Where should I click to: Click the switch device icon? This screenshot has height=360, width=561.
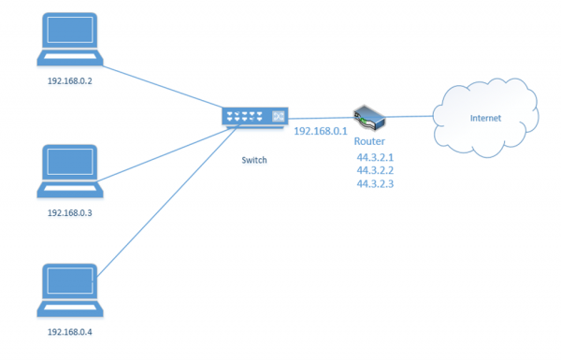tap(254, 117)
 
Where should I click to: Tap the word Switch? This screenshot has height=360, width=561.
tap(253, 160)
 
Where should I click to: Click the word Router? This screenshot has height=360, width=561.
tap(369, 141)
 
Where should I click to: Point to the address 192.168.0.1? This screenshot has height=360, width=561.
tap(321, 132)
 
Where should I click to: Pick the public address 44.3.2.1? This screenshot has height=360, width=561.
tap(375, 157)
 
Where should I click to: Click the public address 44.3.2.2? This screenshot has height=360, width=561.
tap(375, 171)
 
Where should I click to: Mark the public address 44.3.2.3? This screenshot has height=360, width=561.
tap(375, 185)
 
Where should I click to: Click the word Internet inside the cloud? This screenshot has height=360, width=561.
tap(485, 119)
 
